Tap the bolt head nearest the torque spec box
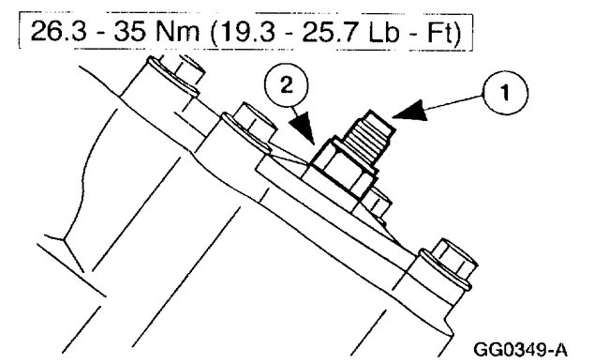pos(180,76)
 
